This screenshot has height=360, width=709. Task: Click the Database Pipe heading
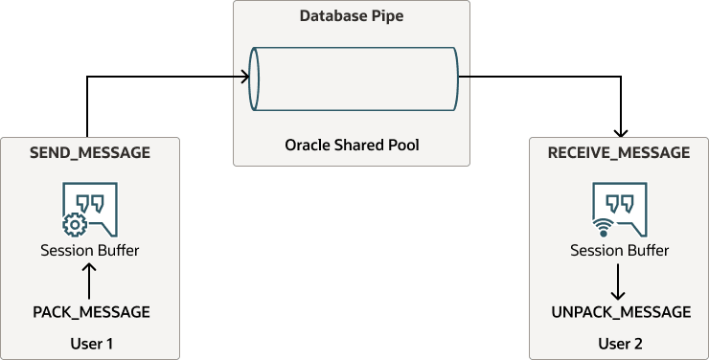pyautogui.click(x=352, y=16)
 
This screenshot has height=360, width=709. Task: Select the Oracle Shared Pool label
pyautogui.click(x=352, y=146)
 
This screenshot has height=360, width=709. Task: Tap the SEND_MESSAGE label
pyautogui.click(x=90, y=152)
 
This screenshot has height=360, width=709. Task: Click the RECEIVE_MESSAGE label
pyautogui.click(x=619, y=152)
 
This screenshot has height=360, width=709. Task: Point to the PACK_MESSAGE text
pyautogui.click(x=91, y=312)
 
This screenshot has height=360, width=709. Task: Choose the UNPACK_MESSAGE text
pyautogui.click(x=621, y=312)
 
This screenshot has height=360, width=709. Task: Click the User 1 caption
pyautogui.click(x=91, y=342)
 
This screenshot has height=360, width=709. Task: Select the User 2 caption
pyautogui.click(x=620, y=342)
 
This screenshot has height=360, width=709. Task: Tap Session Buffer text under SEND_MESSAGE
pyautogui.click(x=90, y=251)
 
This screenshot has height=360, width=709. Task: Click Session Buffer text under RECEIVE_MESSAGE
pyautogui.click(x=620, y=251)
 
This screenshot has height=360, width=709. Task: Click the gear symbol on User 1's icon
pyautogui.click(x=72, y=226)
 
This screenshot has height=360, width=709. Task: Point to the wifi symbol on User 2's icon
pyautogui.click(x=603, y=228)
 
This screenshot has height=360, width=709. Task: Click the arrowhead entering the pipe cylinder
pyautogui.click(x=245, y=77)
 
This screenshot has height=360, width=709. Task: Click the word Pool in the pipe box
pyautogui.click(x=402, y=146)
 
